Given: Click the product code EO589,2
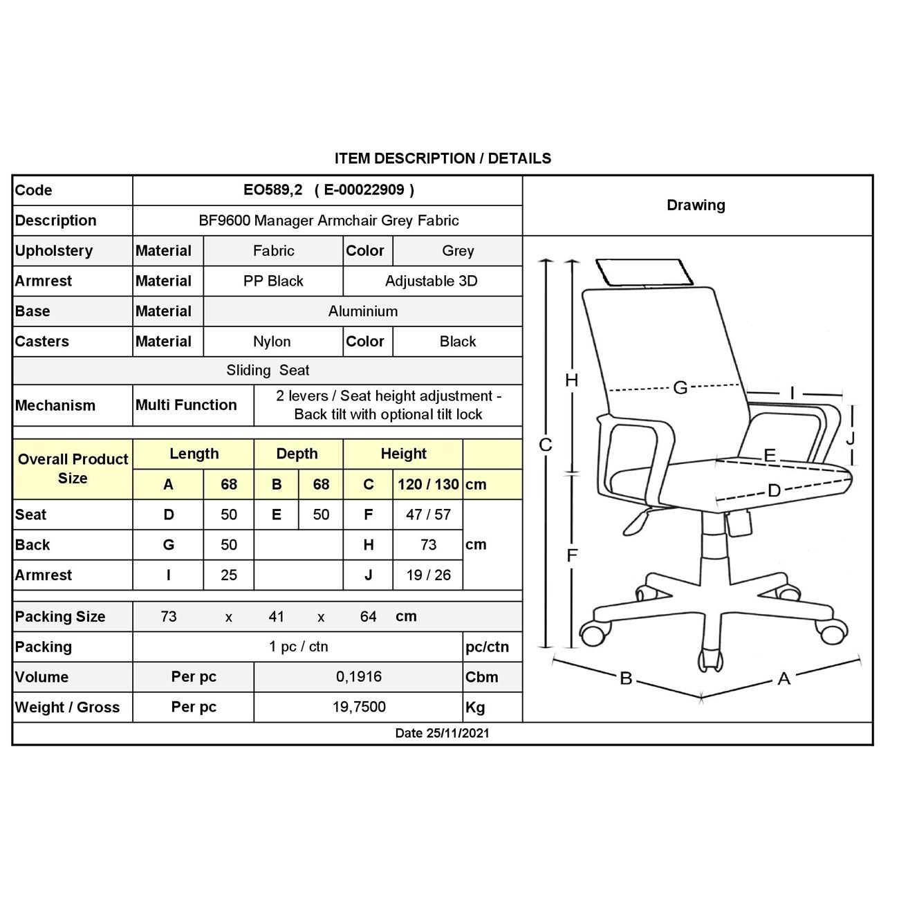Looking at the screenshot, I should coord(272,190).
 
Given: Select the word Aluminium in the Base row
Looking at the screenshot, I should coord(363,311).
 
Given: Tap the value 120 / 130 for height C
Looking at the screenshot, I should coord(428,484).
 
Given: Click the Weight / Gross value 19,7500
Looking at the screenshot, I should coord(359,707).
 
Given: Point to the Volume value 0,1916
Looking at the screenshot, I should coord(359,676).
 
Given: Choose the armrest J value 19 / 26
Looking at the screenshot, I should coord(428,575).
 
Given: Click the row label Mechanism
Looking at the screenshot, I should coord(55,405).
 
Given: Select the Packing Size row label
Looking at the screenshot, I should coord(60,617).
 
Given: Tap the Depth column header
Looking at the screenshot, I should coord(297,454).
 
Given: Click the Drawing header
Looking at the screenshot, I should coord(696,205).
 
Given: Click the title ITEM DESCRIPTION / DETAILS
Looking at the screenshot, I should coord(443,158).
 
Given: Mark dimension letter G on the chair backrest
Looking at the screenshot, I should coord(680,388).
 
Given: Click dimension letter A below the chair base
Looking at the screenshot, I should coord(784,678).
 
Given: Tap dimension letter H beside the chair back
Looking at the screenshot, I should coord(571,380).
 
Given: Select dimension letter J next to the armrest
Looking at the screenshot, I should coord(851,438).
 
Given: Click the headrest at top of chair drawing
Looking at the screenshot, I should coord(644,271).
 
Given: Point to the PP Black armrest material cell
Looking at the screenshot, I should coord(273,281).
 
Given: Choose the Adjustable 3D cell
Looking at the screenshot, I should coord(432,281).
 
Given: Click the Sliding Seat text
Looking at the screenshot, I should coord(268,371).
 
